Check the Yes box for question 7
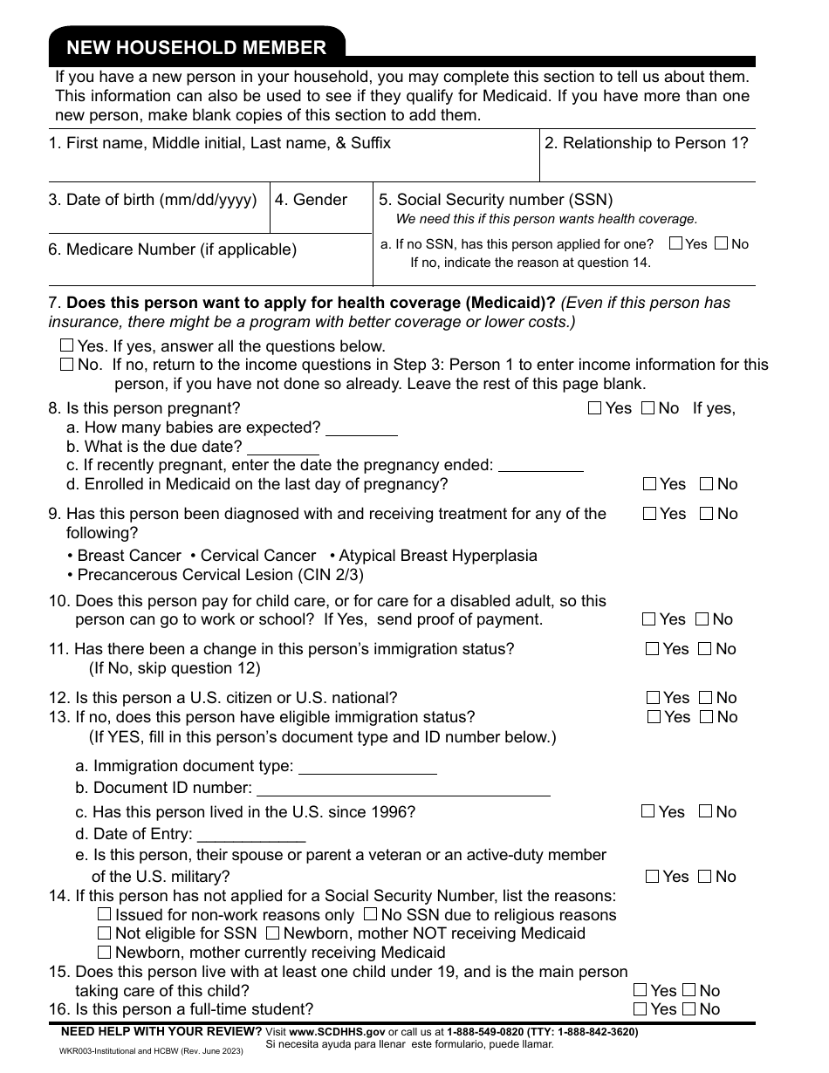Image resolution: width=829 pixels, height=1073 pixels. pos(67,346)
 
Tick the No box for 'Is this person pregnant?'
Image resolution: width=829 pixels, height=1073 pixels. pos(647,407)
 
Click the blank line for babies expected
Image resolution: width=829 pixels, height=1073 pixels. pos(360,429)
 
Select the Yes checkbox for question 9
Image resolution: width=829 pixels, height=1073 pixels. pos(649,514)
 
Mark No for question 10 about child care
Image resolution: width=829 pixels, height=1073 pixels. pos(702,619)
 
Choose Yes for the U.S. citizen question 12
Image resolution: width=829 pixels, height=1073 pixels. pos(653,698)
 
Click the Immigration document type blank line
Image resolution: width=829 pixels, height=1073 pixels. pos(367,768)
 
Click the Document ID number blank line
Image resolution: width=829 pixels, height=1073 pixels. pos(402,789)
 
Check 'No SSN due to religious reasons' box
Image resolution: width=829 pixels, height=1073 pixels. pos(369,915)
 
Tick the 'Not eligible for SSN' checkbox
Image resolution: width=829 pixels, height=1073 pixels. pos(105,933)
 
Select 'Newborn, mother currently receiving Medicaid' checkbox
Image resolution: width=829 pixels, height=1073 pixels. pos(105,953)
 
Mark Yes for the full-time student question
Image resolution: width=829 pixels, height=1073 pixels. pos(641,1009)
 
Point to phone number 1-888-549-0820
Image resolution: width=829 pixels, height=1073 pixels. pos(484,1032)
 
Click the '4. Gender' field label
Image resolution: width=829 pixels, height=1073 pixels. pos(311,200)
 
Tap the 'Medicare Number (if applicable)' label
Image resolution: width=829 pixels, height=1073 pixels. pos(173,249)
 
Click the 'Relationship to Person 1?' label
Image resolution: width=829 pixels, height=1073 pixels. pos(647,143)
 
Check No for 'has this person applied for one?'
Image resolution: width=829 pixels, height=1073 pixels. pos(721,244)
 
